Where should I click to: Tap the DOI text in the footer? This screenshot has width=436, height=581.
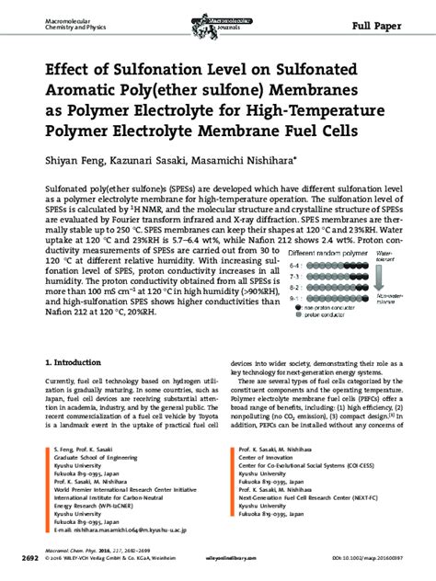coord(372,558)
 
